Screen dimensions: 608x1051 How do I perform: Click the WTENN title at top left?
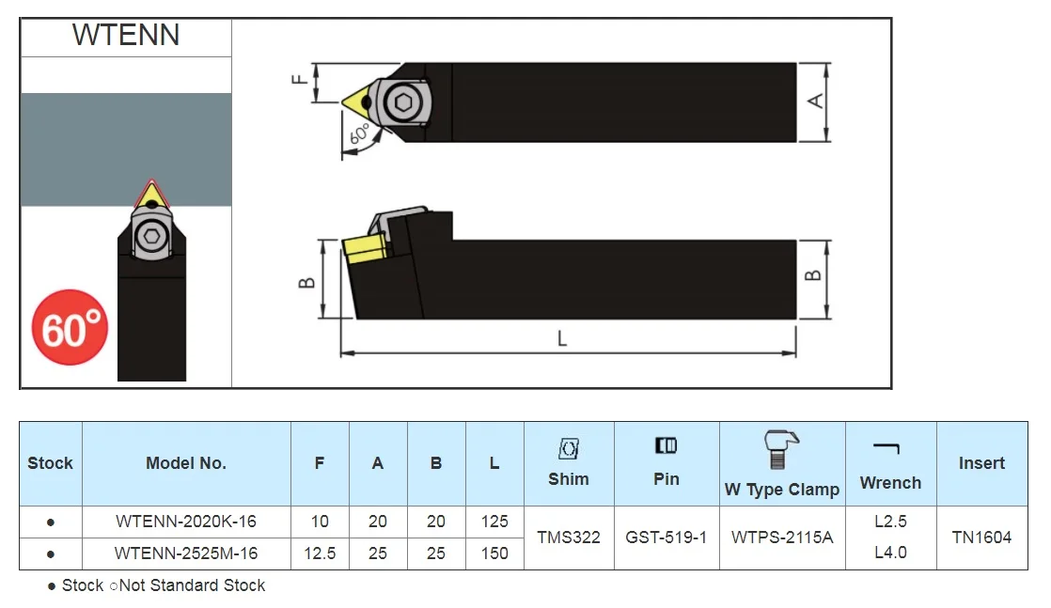[x=126, y=35]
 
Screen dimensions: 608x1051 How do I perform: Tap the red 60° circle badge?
[x=70, y=329]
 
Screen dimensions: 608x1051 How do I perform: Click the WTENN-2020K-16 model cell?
[x=185, y=521]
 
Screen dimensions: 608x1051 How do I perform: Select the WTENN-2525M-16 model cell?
[x=185, y=553]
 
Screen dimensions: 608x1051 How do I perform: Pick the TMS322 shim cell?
[x=568, y=538]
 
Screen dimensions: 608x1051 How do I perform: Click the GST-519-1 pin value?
[x=666, y=538]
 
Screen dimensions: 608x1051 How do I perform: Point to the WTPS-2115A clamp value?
[x=781, y=538]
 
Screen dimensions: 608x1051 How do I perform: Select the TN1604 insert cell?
[x=981, y=538]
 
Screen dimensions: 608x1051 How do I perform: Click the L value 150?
[x=494, y=553]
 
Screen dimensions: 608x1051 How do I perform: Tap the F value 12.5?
[x=320, y=553]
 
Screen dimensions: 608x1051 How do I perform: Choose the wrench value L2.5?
[x=889, y=522]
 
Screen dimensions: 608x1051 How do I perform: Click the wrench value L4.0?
[x=889, y=553]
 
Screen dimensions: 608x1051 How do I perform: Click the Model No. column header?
[x=185, y=463]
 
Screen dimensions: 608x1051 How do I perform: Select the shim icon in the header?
[x=568, y=448]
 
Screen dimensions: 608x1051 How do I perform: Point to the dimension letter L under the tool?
[x=562, y=339]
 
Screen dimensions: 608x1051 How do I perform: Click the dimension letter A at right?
[x=816, y=101]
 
